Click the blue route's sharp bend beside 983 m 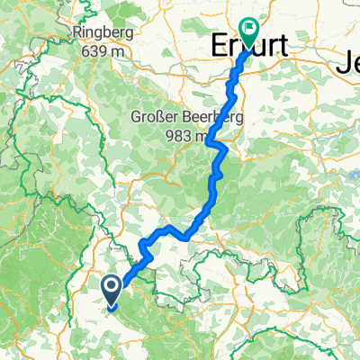(209, 142)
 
